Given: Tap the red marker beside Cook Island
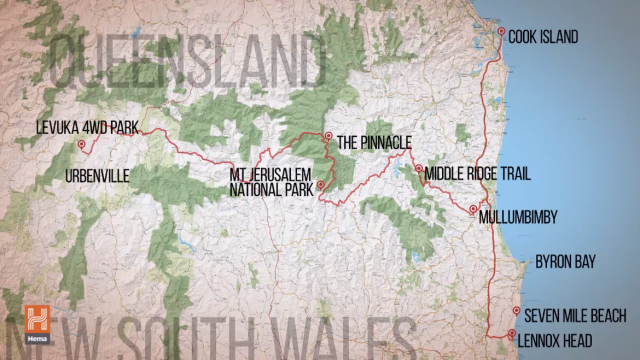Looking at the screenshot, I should (x=502, y=32).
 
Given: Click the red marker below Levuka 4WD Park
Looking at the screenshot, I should (x=81, y=145).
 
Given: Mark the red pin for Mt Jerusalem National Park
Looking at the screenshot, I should (x=321, y=185).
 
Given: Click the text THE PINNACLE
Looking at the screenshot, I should (x=373, y=142).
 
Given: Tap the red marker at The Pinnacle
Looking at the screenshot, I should (x=327, y=136).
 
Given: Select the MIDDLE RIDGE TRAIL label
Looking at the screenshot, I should (x=477, y=174).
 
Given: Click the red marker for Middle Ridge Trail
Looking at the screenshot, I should (x=419, y=169).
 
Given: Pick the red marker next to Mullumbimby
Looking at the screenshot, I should (x=472, y=209).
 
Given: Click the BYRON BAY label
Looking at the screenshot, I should (x=565, y=262).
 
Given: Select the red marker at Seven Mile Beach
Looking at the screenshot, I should (x=516, y=311).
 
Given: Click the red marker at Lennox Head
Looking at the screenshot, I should (x=511, y=335).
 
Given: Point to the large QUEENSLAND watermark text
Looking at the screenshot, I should (x=188, y=62).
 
